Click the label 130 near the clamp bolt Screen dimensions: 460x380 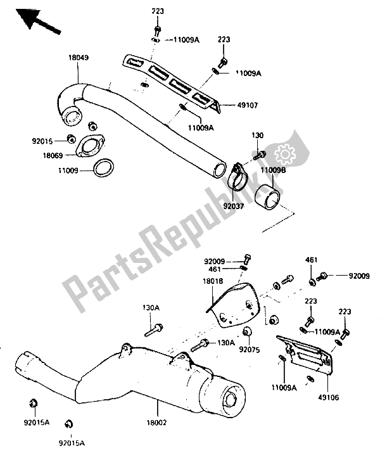pyautogui.click(x=257, y=136)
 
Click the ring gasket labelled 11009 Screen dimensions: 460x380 pyautogui.click(x=104, y=170)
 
